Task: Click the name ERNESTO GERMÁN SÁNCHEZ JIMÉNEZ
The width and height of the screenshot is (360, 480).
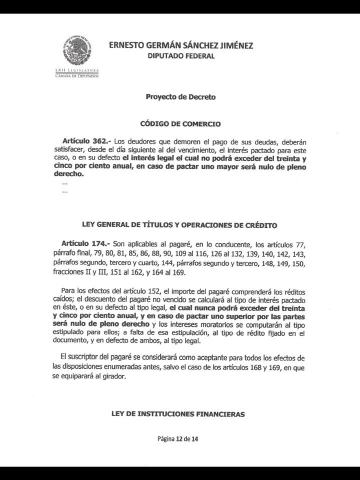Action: tap(181, 45)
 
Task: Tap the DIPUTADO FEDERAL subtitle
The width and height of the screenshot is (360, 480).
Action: tap(181, 56)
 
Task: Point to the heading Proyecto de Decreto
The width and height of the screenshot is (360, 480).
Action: tap(180, 97)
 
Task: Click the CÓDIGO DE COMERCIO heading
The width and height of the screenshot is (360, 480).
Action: tap(180, 124)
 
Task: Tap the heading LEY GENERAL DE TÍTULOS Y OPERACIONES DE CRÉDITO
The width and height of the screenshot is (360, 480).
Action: tap(179, 225)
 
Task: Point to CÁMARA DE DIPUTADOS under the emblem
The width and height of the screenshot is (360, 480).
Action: tap(76, 76)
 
